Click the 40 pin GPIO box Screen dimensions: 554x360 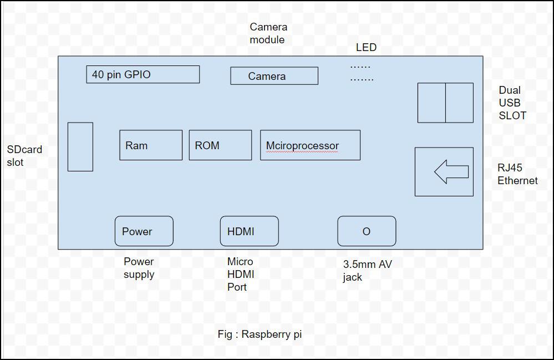coord(143,74)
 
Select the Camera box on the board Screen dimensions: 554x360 coord(274,75)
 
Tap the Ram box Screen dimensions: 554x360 coord(151,145)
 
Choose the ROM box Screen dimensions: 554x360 coord(221,145)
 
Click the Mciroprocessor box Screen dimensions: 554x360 coord(310,145)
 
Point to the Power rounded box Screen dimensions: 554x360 coord(144,231)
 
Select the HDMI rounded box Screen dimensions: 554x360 coord(250,231)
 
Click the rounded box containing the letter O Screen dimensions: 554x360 coord(367,231)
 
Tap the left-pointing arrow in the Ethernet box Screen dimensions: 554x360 coord(451,172)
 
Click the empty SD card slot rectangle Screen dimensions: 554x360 coord(80,147)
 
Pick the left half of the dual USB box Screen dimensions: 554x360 coord(431,103)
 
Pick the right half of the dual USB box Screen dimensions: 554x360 coord(459,103)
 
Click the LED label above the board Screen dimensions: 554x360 coord(366,47)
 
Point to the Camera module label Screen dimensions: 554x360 coord(268,33)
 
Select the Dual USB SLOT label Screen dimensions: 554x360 coord(512,103)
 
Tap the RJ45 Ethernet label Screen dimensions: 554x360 coord(517,174)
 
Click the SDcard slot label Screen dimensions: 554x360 coord(24,156)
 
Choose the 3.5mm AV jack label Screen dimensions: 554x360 coord(368,271)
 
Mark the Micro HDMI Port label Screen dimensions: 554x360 coord(241,274)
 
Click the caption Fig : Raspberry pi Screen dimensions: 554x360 coord(260,334)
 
